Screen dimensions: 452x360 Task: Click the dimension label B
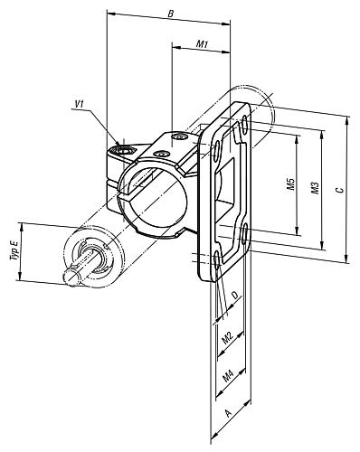172,14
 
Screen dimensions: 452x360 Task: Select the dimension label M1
203,44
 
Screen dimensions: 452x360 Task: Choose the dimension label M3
315,188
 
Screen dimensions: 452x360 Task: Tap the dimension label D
235,297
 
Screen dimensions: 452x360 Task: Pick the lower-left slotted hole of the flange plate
217,262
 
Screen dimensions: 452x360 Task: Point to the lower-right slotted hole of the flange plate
246,239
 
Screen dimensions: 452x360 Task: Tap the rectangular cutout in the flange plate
227,201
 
